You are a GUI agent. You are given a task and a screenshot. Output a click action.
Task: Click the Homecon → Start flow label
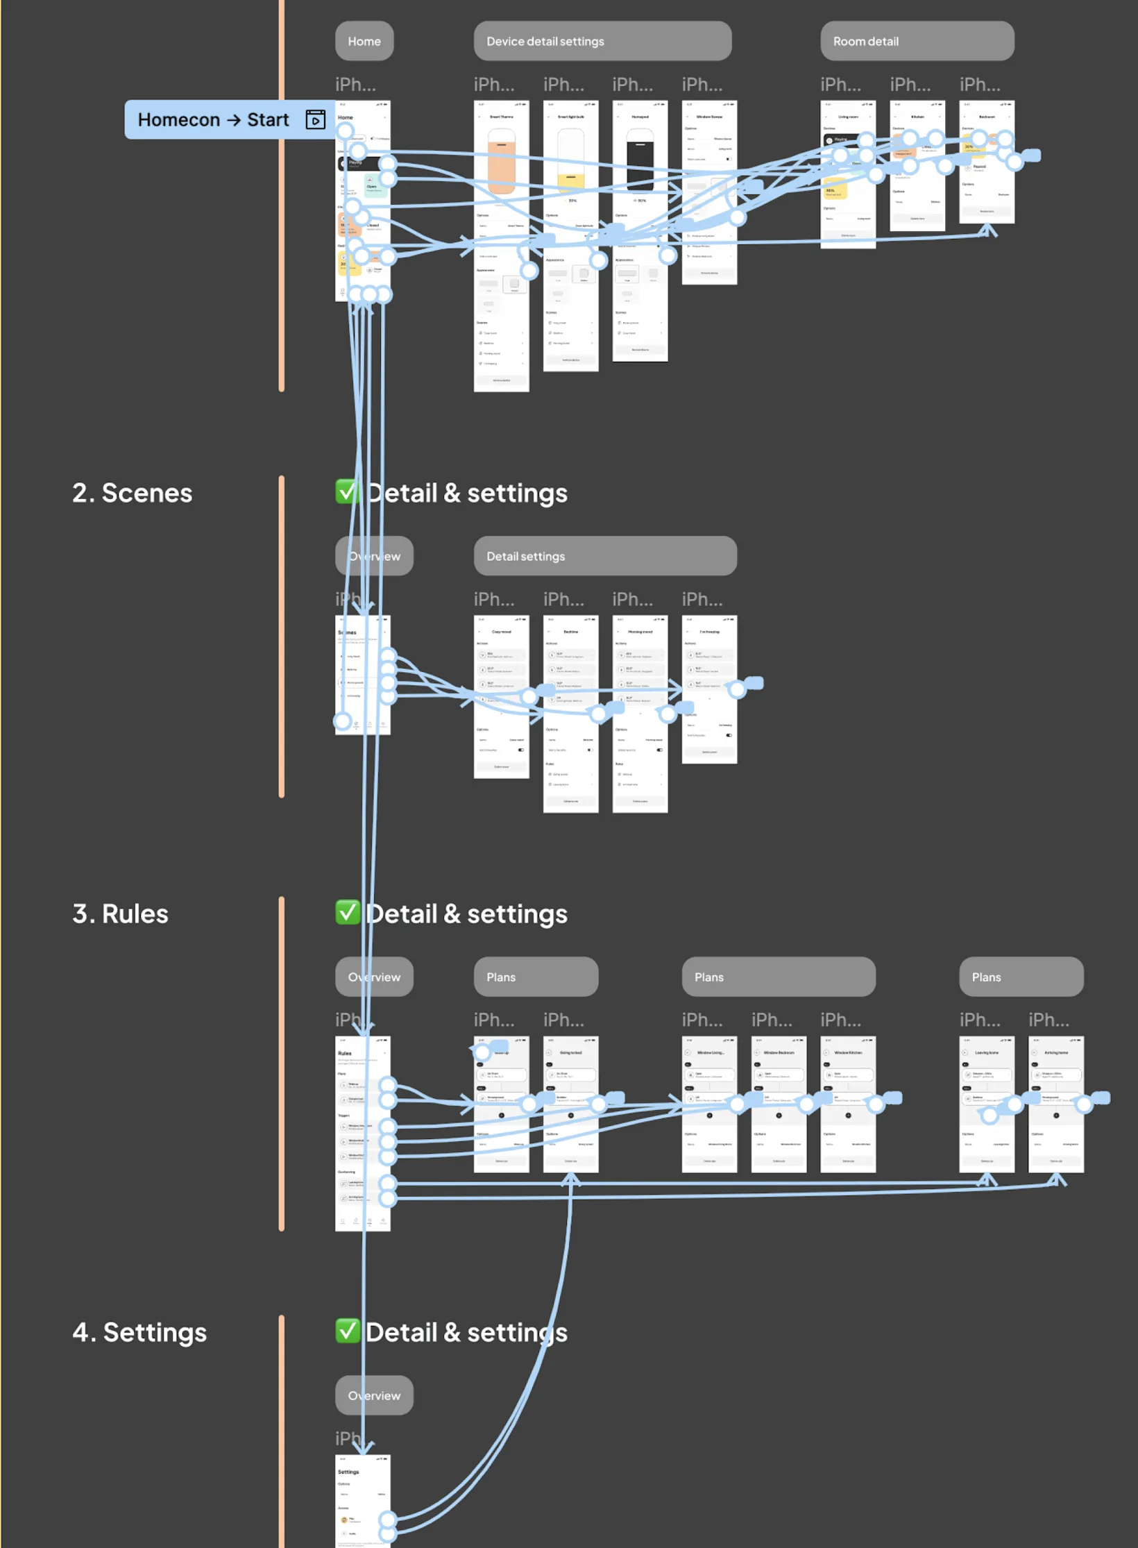point(212,119)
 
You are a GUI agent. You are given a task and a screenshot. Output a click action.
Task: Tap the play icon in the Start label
point(315,119)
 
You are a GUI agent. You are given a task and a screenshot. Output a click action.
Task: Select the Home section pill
point(364,41)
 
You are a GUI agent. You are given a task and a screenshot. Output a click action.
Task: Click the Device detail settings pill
point(602,41)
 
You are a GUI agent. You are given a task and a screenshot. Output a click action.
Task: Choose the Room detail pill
point(916,41)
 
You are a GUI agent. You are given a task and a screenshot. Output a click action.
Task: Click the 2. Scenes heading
point(132,493)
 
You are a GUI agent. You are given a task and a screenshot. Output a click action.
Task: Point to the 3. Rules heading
point(120,914)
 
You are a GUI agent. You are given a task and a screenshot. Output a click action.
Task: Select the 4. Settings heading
point(139,1332)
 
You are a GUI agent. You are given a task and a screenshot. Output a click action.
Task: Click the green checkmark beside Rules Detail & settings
point(347,912)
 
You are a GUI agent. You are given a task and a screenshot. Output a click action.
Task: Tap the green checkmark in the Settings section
point(347,1331)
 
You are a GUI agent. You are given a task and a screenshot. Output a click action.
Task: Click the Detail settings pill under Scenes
point(604,556)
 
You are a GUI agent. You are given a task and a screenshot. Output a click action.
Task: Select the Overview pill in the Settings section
point(374,1395)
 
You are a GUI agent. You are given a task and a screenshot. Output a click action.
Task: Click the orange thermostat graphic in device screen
point(501,167)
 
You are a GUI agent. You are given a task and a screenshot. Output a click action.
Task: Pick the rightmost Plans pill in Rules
point(1020,977)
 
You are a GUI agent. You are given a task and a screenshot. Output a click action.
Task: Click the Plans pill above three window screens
point(778,977)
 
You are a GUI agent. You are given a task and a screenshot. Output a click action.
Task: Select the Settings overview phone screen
point(362,1499)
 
